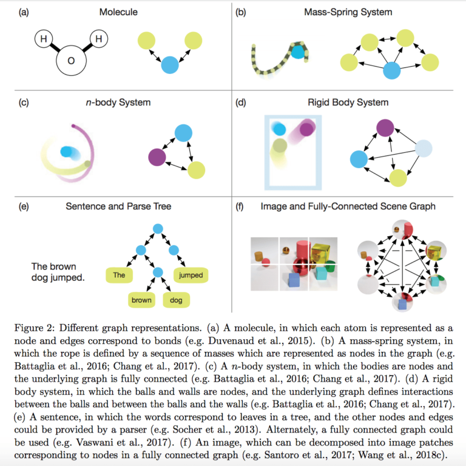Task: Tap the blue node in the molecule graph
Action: pos(171,64)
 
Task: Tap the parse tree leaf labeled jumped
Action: pos(191,275)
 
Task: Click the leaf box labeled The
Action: pos(120,275)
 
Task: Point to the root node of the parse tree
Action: pos(158,229)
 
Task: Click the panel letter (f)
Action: pos(240,206)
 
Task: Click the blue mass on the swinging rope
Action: pos(297,53)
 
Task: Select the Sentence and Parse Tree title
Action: pos(118,206)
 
